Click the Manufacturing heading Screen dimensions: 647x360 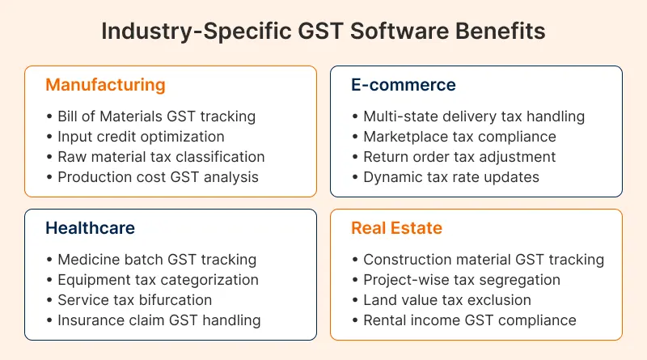tap(105, 85)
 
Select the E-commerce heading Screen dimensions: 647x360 tap(404, 85)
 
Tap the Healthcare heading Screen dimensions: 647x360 tap(90, 228)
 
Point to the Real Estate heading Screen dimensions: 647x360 tap(396, 228)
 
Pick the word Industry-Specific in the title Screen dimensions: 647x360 tap(197, 32)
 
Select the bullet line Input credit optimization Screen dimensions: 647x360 tap(141, 137)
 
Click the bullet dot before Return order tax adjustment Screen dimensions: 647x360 tap(355, 157)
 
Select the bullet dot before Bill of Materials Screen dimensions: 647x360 tap(49, 116)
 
